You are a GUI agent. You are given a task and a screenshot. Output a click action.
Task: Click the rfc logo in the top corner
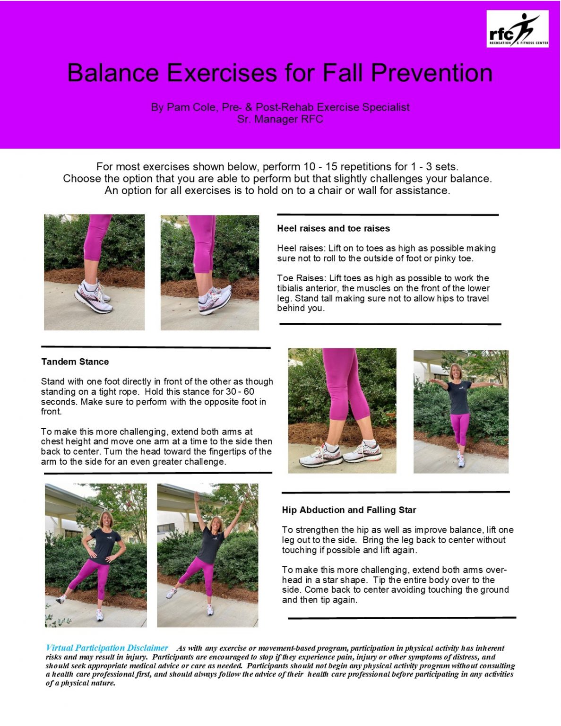[517, 29]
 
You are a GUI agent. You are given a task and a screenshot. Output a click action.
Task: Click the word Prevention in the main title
[432, 73]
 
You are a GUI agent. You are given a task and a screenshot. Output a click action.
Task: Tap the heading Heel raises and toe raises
[333, 229]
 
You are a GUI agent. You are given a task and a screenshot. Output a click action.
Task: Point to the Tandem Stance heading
[75, 362]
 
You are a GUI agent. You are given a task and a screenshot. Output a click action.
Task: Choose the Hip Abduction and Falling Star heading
[349, 510]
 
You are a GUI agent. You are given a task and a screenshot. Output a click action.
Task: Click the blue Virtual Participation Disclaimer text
[107, 648]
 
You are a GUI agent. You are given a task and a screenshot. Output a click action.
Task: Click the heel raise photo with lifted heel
[94, 272]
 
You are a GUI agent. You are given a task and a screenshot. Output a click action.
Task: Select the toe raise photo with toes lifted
[210, 273]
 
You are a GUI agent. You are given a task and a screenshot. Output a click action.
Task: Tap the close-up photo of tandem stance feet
[342, 411]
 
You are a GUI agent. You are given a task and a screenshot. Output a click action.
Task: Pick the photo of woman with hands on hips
[95, 555]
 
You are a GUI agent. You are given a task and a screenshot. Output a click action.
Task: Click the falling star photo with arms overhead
[207, 555]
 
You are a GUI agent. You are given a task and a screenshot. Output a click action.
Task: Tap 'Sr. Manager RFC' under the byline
[280, 119]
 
